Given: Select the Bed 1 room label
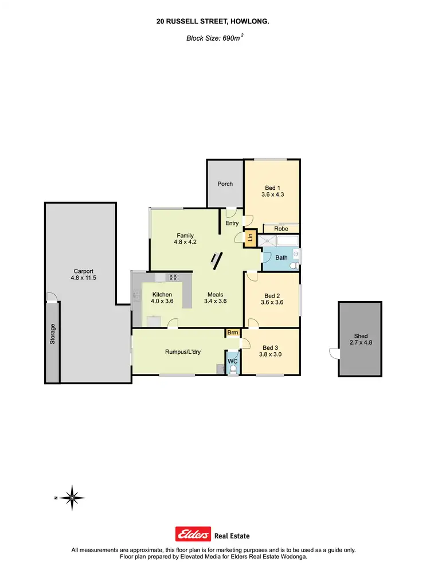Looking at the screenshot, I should [x=272, y=188].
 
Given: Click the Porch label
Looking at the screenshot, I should [x=225, y=184].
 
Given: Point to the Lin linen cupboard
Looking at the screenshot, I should [x=250, y=237].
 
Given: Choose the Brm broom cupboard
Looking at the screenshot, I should [x=233, y=333].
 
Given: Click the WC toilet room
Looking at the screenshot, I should [x=232, y=361].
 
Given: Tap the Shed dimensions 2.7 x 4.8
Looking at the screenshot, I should [x=360, y=342].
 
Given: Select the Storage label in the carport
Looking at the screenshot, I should [x=52, y=334].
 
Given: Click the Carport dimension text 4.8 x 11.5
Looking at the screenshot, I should [x=83, y=278].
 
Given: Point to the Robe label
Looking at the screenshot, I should [x=281, y=228].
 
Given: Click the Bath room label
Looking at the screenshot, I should [x=281, y=257].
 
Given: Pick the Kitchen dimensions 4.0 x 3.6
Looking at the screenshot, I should [x=162, y=301].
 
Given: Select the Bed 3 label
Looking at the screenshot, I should [x=269, y=347].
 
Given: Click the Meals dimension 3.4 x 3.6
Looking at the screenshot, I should [x=216, y=301].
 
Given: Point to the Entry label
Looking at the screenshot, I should [x=232, y=223].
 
